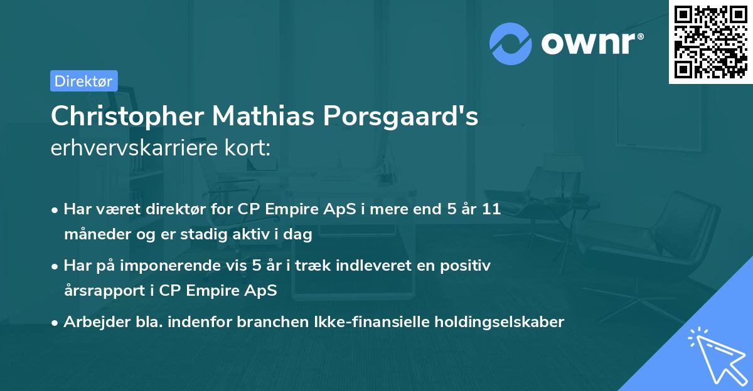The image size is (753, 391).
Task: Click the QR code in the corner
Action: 710,42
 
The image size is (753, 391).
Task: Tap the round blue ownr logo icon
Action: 511,44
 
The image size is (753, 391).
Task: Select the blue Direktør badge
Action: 83,81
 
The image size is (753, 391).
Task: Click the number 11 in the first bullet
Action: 491,209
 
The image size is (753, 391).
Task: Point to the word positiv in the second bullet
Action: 467,265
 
